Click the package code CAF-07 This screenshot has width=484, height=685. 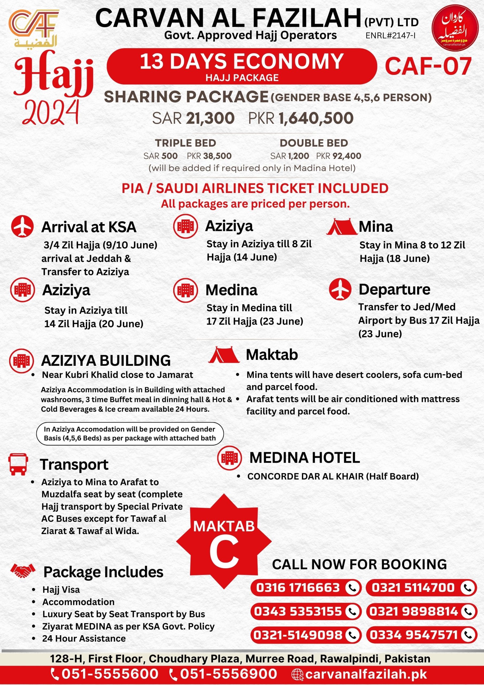(x=428, y=66)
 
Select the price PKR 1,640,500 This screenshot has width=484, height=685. (x=301, y=119)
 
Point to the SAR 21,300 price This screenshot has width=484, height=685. (x=193, y=119)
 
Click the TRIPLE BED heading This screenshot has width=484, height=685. (x=186, y=143)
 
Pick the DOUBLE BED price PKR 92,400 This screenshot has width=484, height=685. (x=339, y=156)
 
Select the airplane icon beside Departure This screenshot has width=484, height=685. (x=340, y=289)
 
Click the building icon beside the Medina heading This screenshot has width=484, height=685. (x=186, y=290)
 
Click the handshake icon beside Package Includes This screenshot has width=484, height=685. (x=23, y=570)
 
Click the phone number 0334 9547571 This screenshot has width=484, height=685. (x=413, y=635)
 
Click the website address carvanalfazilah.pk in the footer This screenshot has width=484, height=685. (x=366, y=674)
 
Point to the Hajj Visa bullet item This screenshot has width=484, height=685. (x=61, y=589)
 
